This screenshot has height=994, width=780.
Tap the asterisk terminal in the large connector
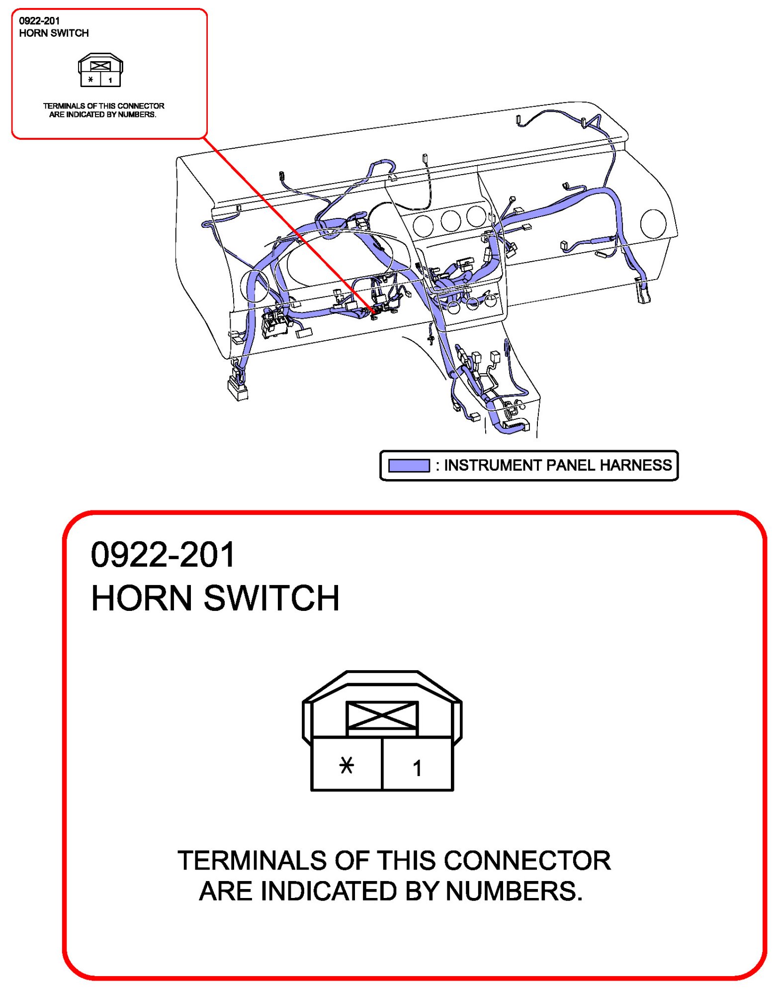tap(346, 765)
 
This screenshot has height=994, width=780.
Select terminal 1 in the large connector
tap(417, 768)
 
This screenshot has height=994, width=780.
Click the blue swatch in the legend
tap(408, 465)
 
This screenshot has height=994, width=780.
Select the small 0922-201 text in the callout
tap(39, 21)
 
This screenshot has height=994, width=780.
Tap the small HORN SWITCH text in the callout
tap(54, 33)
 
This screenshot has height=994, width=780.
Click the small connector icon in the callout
tap(100, 70)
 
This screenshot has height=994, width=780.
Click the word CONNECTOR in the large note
tap(527, 860)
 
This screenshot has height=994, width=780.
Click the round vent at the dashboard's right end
tap(653, 223)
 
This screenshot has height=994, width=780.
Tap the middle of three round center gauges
tap(450, 220)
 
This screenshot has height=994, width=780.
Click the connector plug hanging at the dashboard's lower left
tap(238, 388)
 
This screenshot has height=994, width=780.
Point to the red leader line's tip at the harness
tap(373, 313)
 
